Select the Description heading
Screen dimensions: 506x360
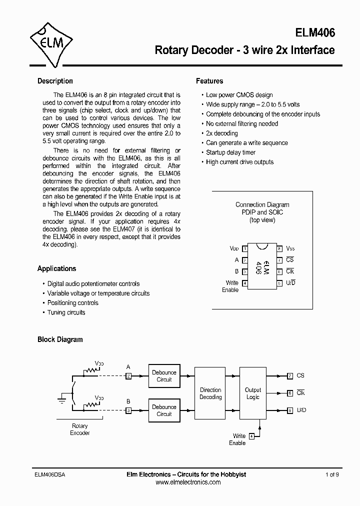pyautogui.click(x=55, y=81)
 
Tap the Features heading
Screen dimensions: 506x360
pyautogui.click(x=209, y=81)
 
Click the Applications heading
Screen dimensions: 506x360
pyautogui.click(x=56, y=268)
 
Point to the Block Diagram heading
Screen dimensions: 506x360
pyautogui.click(x=60, y=339)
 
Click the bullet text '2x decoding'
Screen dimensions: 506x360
pyautogui.click(x=221, y=133)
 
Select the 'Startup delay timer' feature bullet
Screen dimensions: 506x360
pyautogui.click(x=230, y=152)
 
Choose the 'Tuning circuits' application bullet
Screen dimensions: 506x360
pyautogui.click(x=66, y=312)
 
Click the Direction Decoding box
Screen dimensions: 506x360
pyautogui.click(x=210, y=393)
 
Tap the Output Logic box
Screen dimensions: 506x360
pyautogui.click(x=252, y=393)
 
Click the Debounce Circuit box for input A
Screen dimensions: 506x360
pyautogui.click(x=164, y=376)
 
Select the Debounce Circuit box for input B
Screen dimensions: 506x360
pyautogui.click(x=164, y=410)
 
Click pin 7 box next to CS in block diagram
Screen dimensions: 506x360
pyautogui.click(x=290, y=376)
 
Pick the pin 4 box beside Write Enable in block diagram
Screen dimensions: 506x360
pyautogui.click(x=251, y=436)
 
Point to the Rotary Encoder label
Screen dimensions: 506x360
pyautogui.click(x=79, y=429)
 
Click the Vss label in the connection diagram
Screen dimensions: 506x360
pyautogui.click(x=290, y=248)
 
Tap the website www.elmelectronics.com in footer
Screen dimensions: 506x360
pyautogui.click(x=188, y=482)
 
